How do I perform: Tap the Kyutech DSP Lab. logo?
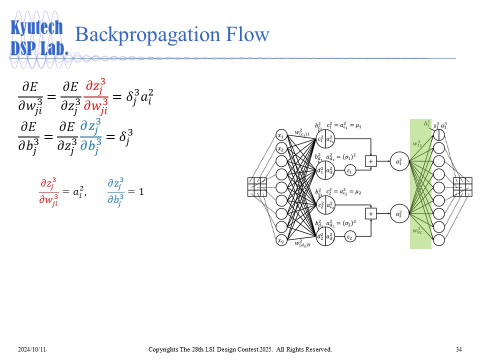click(x=38, y=37)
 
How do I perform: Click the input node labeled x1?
click(x=281, y=135)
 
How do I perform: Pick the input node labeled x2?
click(x=281, y=148)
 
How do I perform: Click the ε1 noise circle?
click(x=350, y=171)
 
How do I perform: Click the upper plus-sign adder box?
click(x=371, y=161)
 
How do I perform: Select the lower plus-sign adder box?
click(x=371, y=214)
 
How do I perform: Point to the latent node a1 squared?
click(x=398, y=161)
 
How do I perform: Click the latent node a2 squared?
click(x=398, y=214)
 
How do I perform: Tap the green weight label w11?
click(x=417, y=143)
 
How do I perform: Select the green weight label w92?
click(x=417, y=230)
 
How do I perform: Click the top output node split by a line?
click(x=439, y=135)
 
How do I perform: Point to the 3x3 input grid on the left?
click(x=257, y=187)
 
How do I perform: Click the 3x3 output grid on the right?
click(x=463, y=187)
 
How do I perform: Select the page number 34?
click(x=458, y=348)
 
